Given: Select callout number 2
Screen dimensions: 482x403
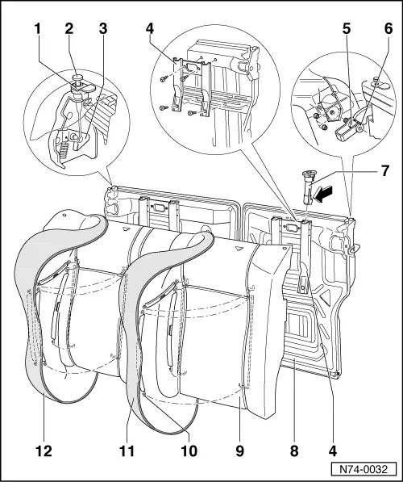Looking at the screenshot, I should click(70, 29).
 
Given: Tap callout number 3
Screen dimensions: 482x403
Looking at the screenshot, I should click(101, 29).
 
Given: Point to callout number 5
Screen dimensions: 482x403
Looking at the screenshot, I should click(346, 29).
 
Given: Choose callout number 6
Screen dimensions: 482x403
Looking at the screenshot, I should click(388, 29).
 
